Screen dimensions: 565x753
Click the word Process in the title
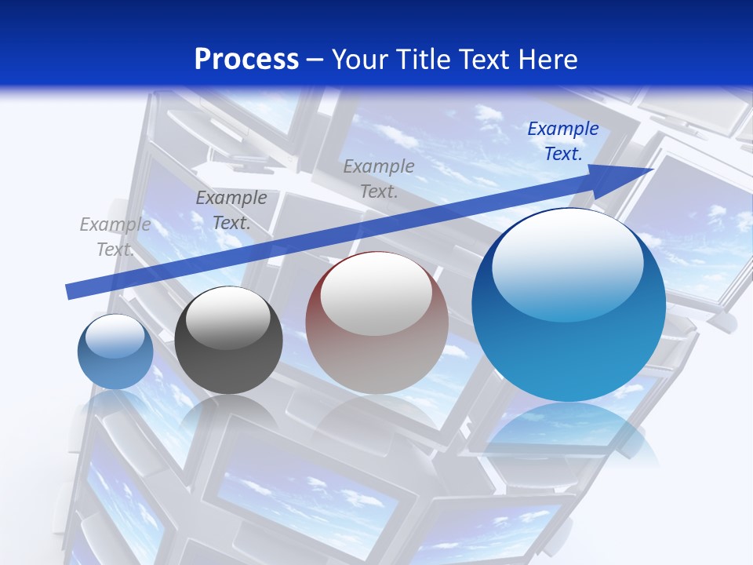tap(246, 60)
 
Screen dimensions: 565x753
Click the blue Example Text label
tap(562, 141)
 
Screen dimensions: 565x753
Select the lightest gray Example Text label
tap(115, 237)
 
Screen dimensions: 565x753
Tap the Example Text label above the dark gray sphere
tap(231, 210)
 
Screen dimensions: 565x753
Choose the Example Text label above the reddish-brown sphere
tap(379, 178)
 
